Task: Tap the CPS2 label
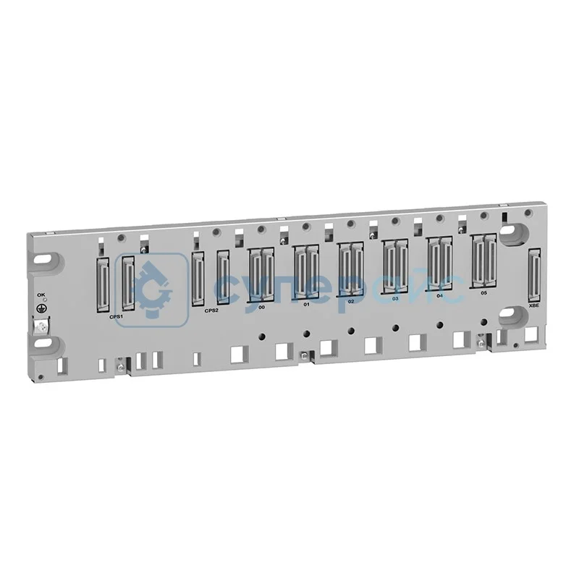tap(211, 310)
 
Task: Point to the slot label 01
tap(306, 303)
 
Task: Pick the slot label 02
tap(350, 300)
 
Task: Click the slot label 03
tap(394, 297)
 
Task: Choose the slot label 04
tap(439, 295)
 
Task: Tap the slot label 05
tap(483, 292)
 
